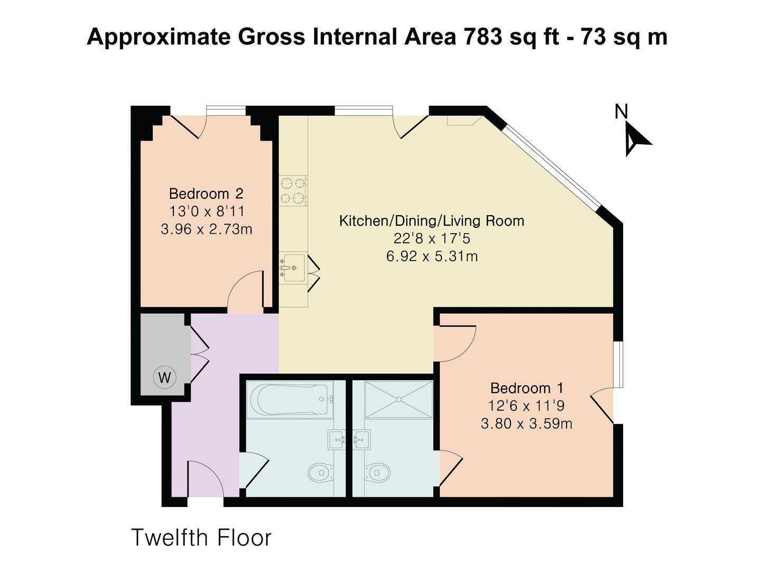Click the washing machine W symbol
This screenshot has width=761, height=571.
click(164, 377)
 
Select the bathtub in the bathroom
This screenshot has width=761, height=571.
click(290, 400)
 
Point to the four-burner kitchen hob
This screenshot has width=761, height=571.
click(293, 191)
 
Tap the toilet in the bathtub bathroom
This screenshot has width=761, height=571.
click(320, 472)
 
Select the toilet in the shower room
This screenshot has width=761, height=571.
click(376, 472)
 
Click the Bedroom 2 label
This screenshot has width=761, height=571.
click(206, 194)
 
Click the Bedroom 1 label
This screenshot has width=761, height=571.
click(527, 388)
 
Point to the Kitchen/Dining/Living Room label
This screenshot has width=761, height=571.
click(431, 220)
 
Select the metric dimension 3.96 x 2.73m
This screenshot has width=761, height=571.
click(206, 229)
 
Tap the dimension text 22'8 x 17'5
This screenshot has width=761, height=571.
click(431, 238)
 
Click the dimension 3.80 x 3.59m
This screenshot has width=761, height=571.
click(526, 423)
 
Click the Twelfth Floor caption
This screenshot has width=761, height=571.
click(201, 538)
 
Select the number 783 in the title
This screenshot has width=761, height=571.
click(482, 37)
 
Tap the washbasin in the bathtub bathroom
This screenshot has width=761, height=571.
click(337, 439)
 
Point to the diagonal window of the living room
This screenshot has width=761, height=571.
click(552, 165)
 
